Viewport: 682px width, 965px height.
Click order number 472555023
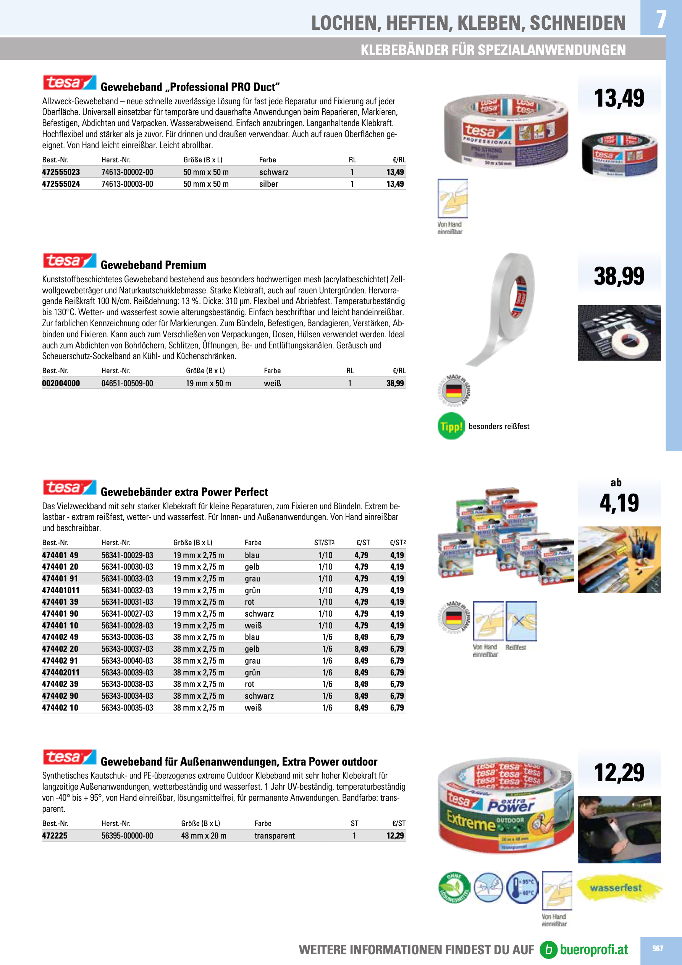coord(61,172)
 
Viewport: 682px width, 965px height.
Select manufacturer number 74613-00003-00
coord(127,184)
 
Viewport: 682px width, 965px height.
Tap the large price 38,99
coord(619,276)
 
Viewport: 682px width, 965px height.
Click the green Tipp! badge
coord(451,426)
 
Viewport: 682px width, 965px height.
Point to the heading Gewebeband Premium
coord(154,265)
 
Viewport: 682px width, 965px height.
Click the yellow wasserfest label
coord(616,888)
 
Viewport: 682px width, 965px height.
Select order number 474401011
coord(61,590)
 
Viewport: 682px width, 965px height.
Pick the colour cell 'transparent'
coord(275,835)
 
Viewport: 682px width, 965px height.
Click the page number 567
coord(657,948)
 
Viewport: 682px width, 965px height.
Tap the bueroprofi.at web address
coord(593,949)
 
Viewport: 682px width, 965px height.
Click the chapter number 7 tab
coord(661,19)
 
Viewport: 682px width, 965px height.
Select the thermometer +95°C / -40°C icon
coord(522,887)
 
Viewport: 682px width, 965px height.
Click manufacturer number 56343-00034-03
coord(127,696)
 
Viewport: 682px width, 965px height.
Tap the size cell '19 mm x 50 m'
coord(208,383)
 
